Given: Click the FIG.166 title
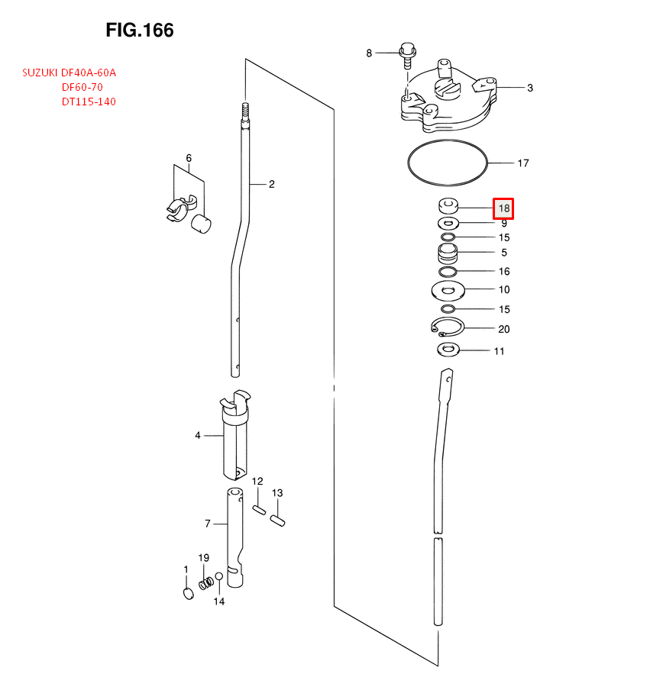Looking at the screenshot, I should (140, 31).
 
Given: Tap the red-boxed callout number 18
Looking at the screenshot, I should (503, 208).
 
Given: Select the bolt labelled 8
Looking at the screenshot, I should (408, 55).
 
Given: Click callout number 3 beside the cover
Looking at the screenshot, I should (529, 88).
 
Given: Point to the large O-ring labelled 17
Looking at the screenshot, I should (447, 162).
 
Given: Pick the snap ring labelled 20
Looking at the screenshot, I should (446, 327).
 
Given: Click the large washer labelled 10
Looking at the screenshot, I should (448, 290).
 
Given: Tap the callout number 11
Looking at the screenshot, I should (499, 352).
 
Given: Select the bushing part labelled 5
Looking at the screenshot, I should (448, 252).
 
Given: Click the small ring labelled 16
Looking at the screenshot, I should (448, 272).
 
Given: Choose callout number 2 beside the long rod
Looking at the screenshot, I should (271, 184).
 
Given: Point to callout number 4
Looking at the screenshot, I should (197, 435).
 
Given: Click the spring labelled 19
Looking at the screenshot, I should (205, 584).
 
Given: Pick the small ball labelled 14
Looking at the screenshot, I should (218, 576).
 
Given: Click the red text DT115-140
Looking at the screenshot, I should (89, 102).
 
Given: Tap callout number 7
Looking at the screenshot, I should (207, 524).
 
